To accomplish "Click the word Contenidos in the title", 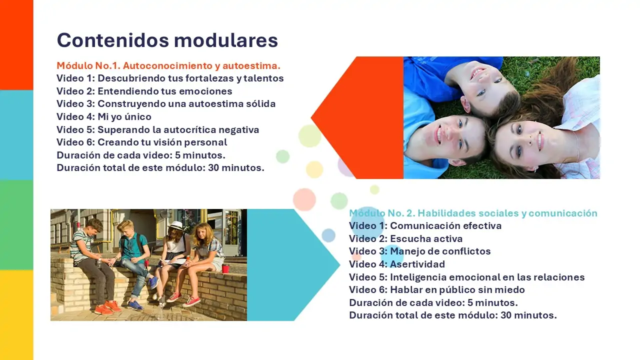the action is click(x=113, y=40).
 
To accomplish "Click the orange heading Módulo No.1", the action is click(x=168, y=65).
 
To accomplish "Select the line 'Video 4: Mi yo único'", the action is click(x=104, y=116).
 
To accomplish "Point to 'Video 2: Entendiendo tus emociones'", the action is click(x=144, y=91).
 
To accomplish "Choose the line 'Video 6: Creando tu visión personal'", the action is click(x=141, y=142).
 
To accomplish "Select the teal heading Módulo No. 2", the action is click(x=473, y=213).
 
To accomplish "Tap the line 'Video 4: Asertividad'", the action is click(x=397, y=264).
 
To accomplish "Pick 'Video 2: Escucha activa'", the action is click(x=405, y=238).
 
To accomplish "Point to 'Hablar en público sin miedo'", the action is click(x=457, y=289).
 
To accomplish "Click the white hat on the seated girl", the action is click(x=175, y=225).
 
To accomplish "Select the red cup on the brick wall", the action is click(x=225, y=269).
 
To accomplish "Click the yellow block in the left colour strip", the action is click(x=16, y=315).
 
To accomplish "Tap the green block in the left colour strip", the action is click(x=16, y=225).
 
